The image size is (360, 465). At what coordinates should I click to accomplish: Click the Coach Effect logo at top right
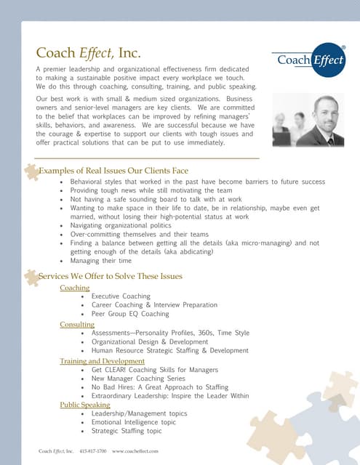pyautogui.click(x=308, y=60)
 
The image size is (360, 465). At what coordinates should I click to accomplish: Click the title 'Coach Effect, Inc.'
pyautogui.click(x=89, y=53)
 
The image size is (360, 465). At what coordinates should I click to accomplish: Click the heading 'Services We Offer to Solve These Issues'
pyautogui.click(x=110, y=276)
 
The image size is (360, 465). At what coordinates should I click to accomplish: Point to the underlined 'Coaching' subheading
pyautogui.click(x=74, y=288)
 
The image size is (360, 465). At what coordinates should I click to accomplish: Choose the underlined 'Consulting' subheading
pyautogui.click(x=77, y=325)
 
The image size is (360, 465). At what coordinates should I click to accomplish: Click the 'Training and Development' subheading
pyautogui.click(x=102, y=361)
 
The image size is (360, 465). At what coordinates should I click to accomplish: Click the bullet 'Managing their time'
pyautogui.click(x=101, y=260)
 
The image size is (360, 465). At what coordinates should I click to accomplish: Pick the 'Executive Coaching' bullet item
pyautogui.click(x=121, y=296)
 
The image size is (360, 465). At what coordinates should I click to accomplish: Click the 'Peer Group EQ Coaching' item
pyautogui.click(x=131, y=314)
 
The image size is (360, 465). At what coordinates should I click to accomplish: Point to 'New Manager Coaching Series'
pyautogui.click(x=138, y=379)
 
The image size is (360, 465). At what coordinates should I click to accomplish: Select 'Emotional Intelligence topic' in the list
pyautogui.click(x=134, y=422)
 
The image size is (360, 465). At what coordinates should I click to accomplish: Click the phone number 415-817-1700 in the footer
pyautogui.click(x=93, y=451)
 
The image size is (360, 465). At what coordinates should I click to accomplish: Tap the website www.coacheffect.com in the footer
pyautogui.click(x=135, y=451)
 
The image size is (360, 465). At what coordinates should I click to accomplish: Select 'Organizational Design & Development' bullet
pyautogui.click(x=150, y=341)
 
